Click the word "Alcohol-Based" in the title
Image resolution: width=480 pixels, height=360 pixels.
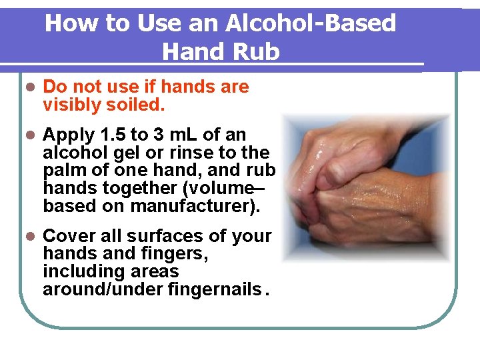point(311,23)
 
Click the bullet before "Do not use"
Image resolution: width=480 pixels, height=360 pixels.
point(29,87)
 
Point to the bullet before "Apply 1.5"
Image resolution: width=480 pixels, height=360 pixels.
point(29,135)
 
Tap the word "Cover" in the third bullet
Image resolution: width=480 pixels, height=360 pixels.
point(68,237)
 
